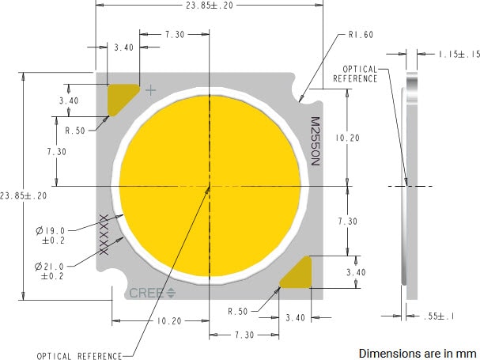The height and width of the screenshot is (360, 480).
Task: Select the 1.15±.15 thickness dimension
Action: (459, 54)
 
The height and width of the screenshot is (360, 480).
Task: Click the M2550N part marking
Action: (314, 142)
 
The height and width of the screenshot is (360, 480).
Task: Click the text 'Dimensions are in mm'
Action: (418, 352)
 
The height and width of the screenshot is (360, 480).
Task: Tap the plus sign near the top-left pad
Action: (151, 90)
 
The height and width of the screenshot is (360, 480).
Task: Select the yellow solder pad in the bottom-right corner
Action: (299, 274)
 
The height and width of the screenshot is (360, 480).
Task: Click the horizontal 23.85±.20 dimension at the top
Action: (210, 5)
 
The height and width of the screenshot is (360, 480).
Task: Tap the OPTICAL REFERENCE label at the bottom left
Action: (79, 355)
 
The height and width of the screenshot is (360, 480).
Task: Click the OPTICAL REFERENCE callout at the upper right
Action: (356, 74)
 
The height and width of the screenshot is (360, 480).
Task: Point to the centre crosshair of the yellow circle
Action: (209, 187)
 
